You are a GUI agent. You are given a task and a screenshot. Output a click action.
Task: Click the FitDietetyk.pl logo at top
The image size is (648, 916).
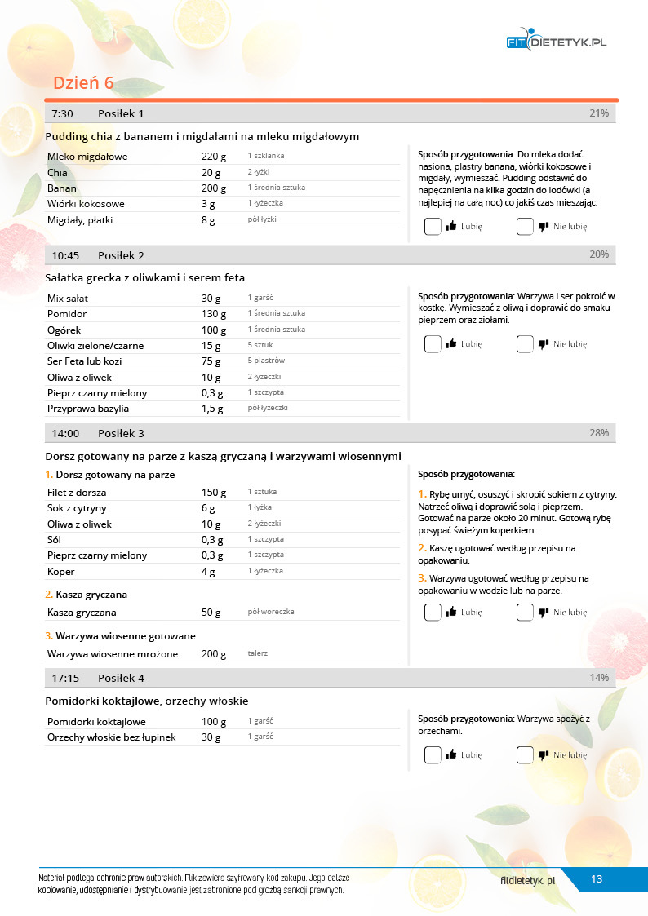[557, 42]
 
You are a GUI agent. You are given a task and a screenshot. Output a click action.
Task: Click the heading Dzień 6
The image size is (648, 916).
[83, 83]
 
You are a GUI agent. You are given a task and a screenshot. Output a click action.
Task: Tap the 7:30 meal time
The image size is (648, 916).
[63, 113]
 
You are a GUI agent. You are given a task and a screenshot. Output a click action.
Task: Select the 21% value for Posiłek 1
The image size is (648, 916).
[599, 113]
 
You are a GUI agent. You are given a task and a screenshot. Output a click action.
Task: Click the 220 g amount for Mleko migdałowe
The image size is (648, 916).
[213, 157]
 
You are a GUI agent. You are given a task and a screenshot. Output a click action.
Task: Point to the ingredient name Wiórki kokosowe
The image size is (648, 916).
[86, 204]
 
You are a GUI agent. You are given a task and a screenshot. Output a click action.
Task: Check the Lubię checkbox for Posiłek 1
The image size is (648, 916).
[433, 227]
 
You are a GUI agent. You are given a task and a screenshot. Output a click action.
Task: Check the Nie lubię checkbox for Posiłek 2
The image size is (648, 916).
[525, 344]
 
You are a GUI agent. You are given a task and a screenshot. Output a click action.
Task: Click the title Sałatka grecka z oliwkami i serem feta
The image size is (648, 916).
[145, 277]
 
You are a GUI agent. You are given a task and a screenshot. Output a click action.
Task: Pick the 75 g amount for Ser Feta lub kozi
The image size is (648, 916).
[211, 361]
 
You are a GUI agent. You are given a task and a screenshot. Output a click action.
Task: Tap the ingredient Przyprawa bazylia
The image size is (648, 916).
[88, 409]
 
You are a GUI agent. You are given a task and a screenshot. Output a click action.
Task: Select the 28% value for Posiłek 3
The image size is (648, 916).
[599, 433]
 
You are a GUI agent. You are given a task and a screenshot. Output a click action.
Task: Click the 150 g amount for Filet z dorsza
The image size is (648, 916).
[213, 493]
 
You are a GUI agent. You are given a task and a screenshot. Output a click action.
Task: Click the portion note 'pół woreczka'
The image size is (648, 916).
[271, 612]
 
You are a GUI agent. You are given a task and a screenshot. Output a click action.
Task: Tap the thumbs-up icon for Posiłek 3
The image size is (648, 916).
[450, 613]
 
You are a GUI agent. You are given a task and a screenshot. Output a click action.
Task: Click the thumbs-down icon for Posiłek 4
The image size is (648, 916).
[543, 755]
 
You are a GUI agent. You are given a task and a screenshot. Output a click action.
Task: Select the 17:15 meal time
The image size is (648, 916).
[65, 678]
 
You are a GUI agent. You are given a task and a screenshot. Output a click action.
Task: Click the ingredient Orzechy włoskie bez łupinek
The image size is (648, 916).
[112, 737]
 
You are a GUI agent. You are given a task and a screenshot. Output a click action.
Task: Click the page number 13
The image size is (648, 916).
[597, 878]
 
